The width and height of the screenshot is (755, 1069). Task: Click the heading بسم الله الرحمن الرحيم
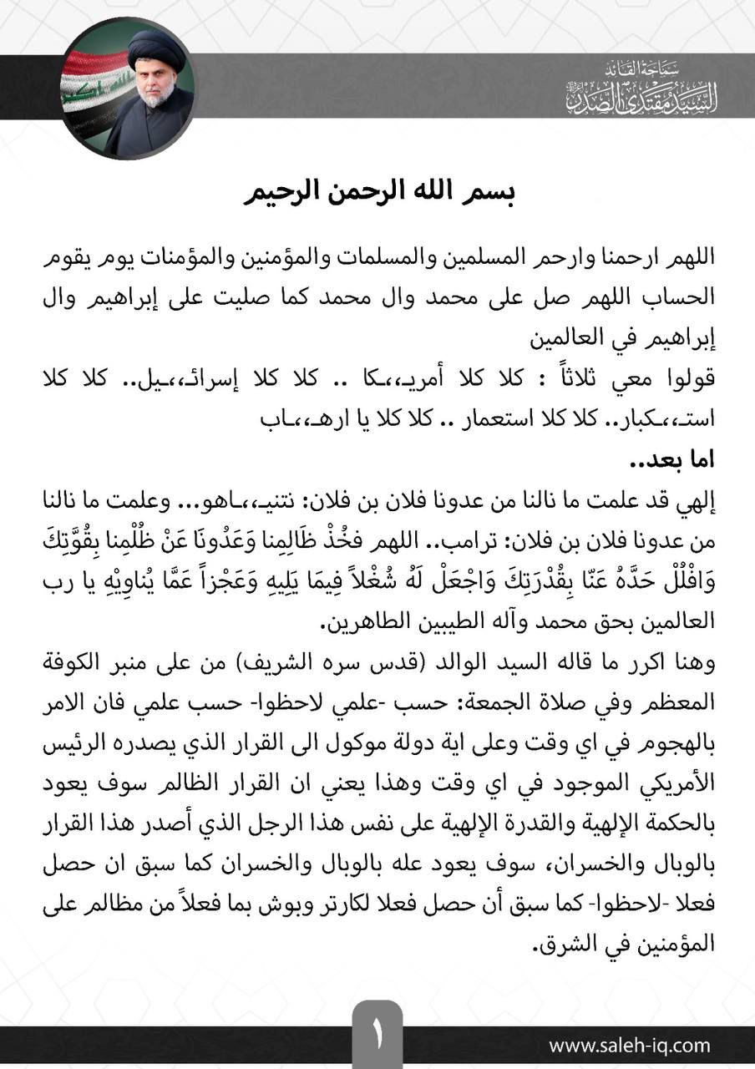pos(379,191)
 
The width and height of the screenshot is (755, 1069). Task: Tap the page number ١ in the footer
pos(377,1039)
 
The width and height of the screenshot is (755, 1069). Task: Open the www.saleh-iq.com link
pos(629,1046)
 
